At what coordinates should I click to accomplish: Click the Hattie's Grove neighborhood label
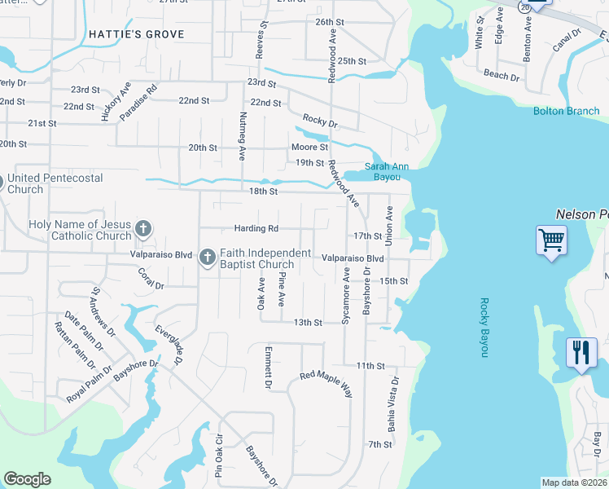(136, 34)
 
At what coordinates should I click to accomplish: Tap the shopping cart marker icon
(551, 240)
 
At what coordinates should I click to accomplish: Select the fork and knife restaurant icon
(581, 352)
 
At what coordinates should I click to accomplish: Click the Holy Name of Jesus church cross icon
(143, 228)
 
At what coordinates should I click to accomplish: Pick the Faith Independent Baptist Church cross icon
(207, 258)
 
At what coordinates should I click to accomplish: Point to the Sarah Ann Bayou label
(387, 170)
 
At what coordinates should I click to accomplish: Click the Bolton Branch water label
(566, 111)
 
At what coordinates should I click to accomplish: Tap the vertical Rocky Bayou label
(483, 326)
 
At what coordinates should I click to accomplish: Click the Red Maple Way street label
(326, 382)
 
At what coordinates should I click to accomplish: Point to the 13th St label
(308, 323)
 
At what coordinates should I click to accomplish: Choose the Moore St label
(309, 148)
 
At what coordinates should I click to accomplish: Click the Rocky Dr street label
(320, 121)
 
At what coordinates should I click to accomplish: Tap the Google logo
(28, 479)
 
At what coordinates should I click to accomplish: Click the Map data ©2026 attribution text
(574, 482)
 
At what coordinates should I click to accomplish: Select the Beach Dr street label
(502, 76)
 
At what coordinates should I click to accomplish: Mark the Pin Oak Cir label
(219, 460)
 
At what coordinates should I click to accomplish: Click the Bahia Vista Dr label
(394, 403)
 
